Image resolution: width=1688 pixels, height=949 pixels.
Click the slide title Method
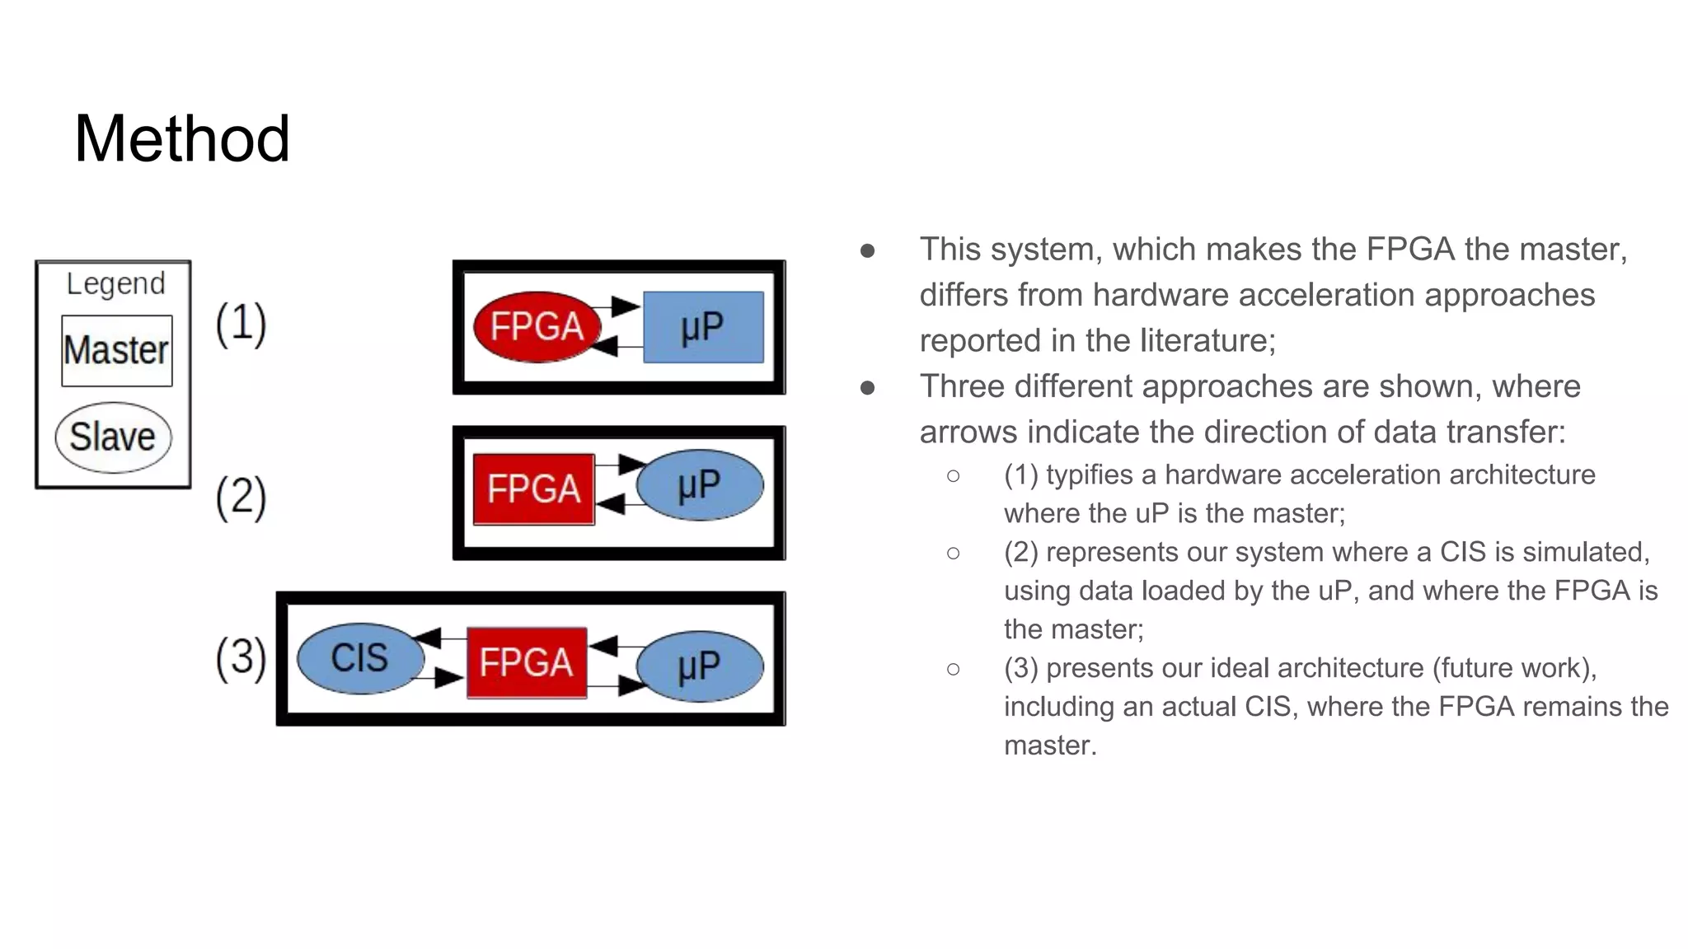[x=182, y=138]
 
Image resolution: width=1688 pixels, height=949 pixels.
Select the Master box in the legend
[x=117, y=351]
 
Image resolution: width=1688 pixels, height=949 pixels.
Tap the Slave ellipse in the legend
[x=113, y=437]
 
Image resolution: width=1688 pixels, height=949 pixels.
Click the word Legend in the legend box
[x=115, y=283]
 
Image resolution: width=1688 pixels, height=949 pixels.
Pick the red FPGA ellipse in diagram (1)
[x=537, y=327]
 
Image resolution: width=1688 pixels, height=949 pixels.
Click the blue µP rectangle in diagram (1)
[x=703, y=327]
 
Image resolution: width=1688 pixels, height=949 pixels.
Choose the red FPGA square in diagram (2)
[x=533, y=489]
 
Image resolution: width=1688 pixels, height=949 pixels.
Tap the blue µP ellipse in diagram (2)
[x=700, y=485]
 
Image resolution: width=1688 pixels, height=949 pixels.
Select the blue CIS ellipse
[x=359, y=658]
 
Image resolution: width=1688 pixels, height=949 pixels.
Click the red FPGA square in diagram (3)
[x=527, y=662]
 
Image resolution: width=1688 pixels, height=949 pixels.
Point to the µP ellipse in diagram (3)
[x=700, y=666]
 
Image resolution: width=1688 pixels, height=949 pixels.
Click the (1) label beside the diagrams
[x=241, y=323]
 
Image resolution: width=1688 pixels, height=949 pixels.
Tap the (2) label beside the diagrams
[x=241, y=497]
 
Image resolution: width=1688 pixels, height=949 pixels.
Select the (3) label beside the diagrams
[x=241, y=657]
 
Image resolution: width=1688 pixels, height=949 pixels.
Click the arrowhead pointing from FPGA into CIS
[x=427, y=637]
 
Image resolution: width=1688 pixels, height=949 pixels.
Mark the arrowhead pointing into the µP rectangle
[x=626, y=307]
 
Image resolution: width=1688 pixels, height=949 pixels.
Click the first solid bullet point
[x=867, y=250]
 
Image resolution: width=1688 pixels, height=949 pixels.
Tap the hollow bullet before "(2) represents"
[x=954, y=553]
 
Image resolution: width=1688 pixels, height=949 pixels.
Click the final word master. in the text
[x=1050, y=746]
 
